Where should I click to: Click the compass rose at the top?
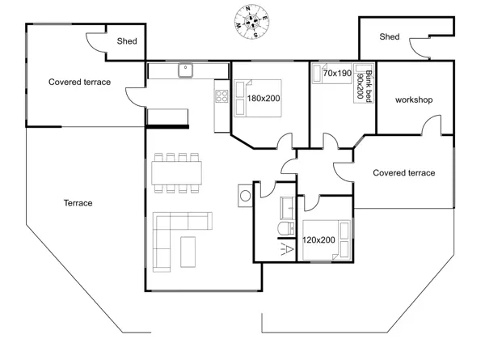[x=251, y=22]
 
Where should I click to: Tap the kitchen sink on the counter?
[x=186, y=70]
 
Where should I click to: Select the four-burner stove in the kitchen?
[x=221, y=96]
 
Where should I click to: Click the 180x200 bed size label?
[x=264, y=99]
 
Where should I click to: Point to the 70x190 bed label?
[x=337, y=74]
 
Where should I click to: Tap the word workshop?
[x=414, y=100]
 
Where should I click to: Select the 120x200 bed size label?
[x=318, y=240]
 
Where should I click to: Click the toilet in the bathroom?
[x=286, y=229]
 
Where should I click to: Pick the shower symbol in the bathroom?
[x=287, y=249]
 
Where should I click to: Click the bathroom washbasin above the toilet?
[x=287, y=208]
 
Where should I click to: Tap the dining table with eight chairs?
[x=176, y=173]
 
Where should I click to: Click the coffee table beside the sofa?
[x=188, y=252]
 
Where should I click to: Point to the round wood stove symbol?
[x=245, y=196]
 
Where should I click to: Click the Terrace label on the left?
[x=78, y=203]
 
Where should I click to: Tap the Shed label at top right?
[x=390, y=37]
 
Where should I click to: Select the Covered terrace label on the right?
[x=404, y=173]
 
